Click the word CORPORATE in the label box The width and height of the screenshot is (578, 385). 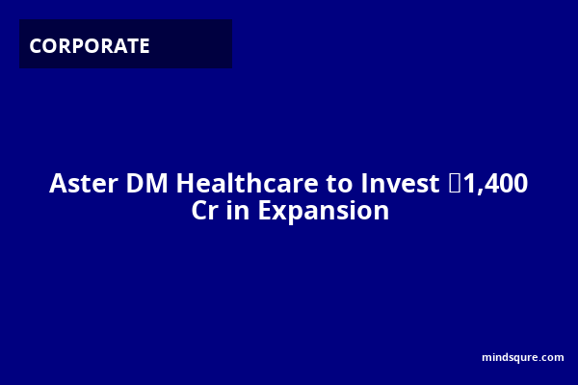[x=90, y=46]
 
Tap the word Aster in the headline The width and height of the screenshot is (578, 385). [x=84, y=183]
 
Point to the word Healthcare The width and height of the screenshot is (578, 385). [x=247, y=183]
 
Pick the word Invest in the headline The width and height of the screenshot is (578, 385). [x=400, y=183]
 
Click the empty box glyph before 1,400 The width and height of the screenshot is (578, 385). [x=455, y=183]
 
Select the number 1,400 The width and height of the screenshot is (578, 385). [x=496, y=184]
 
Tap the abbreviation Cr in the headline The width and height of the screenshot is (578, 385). [x=204, y=211]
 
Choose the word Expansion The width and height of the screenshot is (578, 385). [x=324, y=212]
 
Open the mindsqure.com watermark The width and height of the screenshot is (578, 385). [x=523, y=357]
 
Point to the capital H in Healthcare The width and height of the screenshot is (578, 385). [x=185, y=183]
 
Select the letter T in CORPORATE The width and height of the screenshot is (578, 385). [x=131, y=46]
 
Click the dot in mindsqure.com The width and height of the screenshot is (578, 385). [x=534, y=360]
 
